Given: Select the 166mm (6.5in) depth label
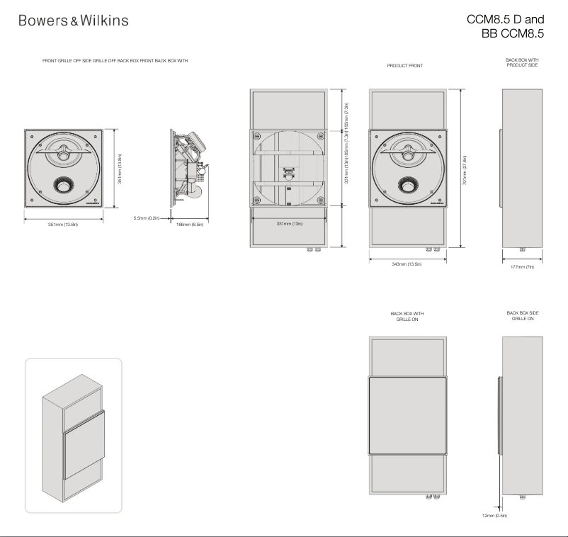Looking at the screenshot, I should point(189,225).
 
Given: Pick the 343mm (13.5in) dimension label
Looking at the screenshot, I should point(407,264).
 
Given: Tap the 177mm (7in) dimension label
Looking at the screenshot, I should point(521,268).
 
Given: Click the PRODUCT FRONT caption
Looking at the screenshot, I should point(404,66).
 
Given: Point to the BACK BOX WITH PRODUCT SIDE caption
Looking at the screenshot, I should point(522,62).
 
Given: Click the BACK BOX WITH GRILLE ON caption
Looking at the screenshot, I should point(407,315).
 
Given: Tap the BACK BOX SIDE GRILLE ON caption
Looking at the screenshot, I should point(522,315).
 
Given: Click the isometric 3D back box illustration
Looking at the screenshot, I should point(73,435).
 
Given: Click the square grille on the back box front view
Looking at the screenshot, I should point(407,415).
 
